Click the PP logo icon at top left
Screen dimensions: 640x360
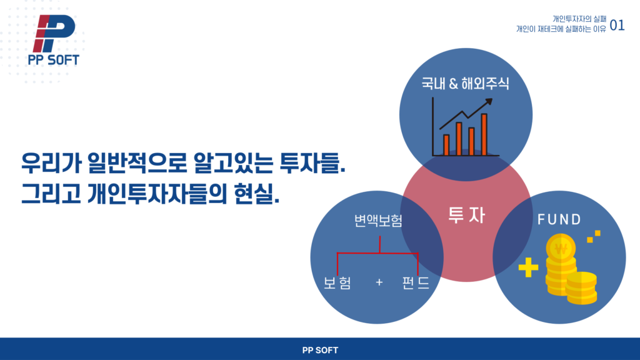click(x=54, y=34)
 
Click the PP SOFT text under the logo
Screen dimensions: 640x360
click(x=54, y=60)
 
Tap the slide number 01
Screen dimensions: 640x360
click(x=617, y=26)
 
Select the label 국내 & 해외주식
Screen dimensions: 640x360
click(x=465, y=84)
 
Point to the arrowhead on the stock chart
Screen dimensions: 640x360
click(x=488, y=101)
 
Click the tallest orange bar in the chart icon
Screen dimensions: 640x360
click(x=484, y=135)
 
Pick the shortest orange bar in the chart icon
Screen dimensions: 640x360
click(x=446, y=145)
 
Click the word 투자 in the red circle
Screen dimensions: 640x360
click(x=466, y=215)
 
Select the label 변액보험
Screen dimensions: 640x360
click(x=378, y=221)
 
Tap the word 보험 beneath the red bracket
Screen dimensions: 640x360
click(x=337, y=282)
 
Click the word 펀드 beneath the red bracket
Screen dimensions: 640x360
click(x=416, y=282)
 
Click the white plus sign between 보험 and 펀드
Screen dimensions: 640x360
click(x=379, y=282)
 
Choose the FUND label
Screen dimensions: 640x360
click(x=559, y=219)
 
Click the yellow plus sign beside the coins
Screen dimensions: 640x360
click(x=528, y=267)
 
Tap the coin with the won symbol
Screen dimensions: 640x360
click(x=561, y=247)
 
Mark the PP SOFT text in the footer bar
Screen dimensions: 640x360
click(x=320, y=350)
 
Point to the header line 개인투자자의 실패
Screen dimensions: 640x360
click(x=579, y=19)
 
